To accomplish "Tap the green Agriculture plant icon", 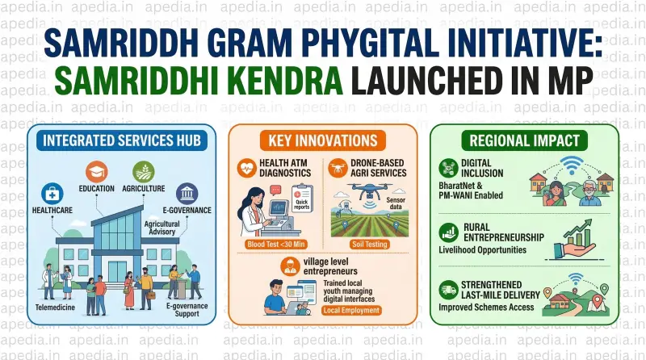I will tap(144, 172).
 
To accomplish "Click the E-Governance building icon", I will tap(187, 193).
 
